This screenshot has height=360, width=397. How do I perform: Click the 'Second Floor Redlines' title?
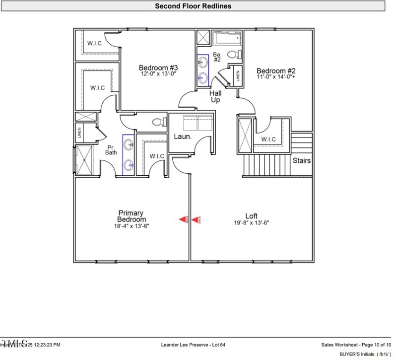[x=193, y=6]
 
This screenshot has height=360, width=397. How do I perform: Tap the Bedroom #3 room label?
[x=158, y=68]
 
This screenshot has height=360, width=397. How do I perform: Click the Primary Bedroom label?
[x=132, y=216]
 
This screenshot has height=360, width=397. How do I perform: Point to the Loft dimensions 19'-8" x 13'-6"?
[x=252, y=223]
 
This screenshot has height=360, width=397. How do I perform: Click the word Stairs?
[x=301, y=161]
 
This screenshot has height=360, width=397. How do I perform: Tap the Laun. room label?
[x=183, y=136]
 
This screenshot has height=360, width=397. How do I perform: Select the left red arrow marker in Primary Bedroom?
[x=183, y=219]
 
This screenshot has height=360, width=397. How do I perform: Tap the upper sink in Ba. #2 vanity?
[x=202, y=62]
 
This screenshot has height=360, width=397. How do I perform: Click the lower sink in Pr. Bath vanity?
[x=129, y=164]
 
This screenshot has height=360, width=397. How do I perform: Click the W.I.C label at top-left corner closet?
[x=94, y=43]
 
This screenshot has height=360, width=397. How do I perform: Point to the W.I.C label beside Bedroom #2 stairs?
[x=268, y=139]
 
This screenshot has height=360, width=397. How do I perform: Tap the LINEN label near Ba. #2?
[x=238, y=76]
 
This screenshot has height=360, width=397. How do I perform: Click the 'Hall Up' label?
[x=215, y=96]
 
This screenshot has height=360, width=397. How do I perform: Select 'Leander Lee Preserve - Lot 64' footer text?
[x=194, y=345]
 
